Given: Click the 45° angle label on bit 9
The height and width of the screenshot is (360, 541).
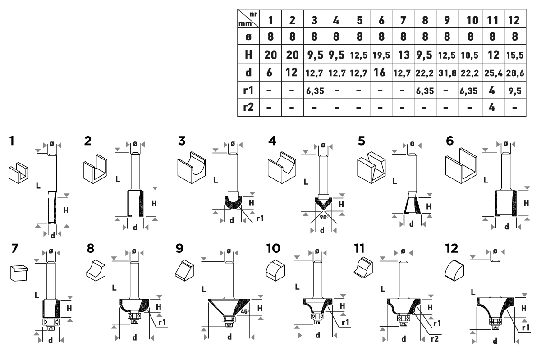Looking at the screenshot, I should click(245, 310).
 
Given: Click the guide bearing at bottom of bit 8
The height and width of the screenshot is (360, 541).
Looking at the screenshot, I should click(134, 319).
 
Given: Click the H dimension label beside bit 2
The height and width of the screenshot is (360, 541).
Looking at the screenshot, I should click(154, 203).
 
